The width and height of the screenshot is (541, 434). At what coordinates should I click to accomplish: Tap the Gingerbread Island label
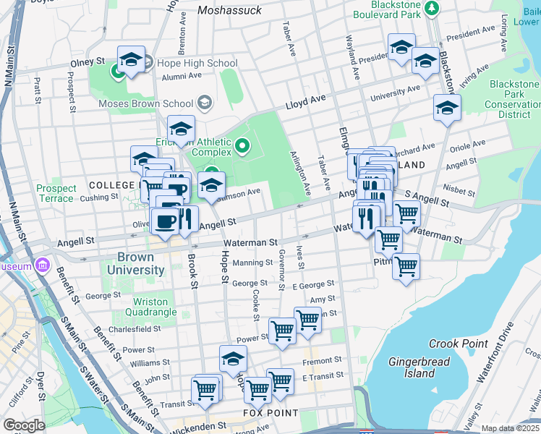point(419,367)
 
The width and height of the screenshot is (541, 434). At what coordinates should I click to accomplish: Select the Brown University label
point(136,263)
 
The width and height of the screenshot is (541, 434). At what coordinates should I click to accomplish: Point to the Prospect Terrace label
point(56,193)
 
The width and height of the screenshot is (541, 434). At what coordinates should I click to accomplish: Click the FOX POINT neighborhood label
point(270,413)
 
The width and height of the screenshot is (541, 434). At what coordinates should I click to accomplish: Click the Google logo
point(25,425)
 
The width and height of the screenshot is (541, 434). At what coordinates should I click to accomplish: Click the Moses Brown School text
point(146,103)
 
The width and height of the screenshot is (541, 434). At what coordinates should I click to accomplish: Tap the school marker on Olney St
point(131,61)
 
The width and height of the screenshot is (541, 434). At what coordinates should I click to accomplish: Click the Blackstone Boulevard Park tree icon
point(432,8)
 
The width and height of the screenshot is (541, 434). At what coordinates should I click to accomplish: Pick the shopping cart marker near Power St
point(282,331)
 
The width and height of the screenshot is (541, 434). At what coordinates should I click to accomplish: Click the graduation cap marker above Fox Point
point(233,359)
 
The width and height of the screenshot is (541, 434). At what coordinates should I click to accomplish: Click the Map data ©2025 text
point(511,428)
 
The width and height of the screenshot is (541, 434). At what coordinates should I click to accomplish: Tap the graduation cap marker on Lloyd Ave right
point(447,109)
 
